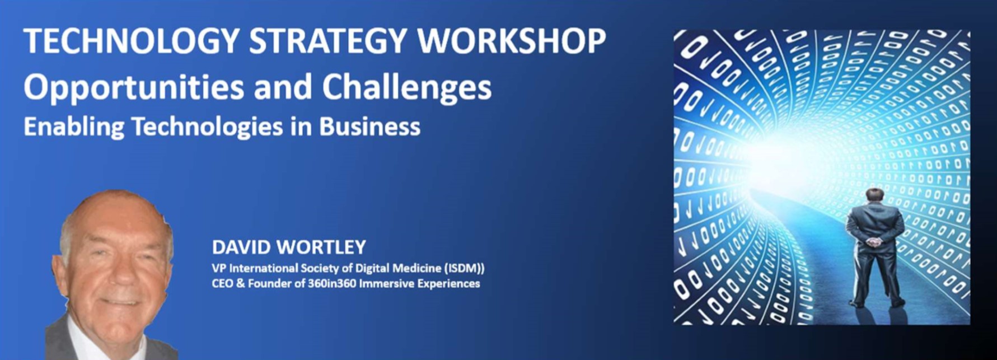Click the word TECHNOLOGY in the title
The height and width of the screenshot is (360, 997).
coord(132,41)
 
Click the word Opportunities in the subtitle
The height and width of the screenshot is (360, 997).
coord(134,88)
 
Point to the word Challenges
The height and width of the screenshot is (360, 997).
coord(407,88)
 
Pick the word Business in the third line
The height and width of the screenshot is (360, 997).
coord(369,127)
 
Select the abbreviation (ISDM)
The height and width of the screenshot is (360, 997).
coord(464,269)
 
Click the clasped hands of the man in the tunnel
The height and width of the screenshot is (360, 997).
coord(874,242)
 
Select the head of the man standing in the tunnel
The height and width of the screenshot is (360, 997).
coord(874,197)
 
